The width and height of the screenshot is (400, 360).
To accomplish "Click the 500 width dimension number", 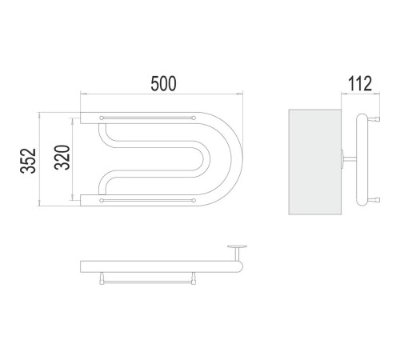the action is pos(163,84).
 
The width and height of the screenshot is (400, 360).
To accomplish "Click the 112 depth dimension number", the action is pos(359,84).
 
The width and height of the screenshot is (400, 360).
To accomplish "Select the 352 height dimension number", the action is pos(28,161).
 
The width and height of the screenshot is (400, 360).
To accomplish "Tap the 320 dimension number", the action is pos(62,158).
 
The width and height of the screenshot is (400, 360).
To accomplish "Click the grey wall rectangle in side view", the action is pos(315,162).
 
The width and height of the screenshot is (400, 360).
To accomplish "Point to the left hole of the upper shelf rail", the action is pos(102,118).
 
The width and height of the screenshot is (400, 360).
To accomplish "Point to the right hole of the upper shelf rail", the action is pos(194,118).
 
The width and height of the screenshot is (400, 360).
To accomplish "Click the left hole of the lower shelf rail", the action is pos(102,201).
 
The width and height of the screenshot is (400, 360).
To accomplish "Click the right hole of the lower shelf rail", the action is pos(194,201).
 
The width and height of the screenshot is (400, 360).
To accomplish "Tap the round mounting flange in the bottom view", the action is pos(237,246).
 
